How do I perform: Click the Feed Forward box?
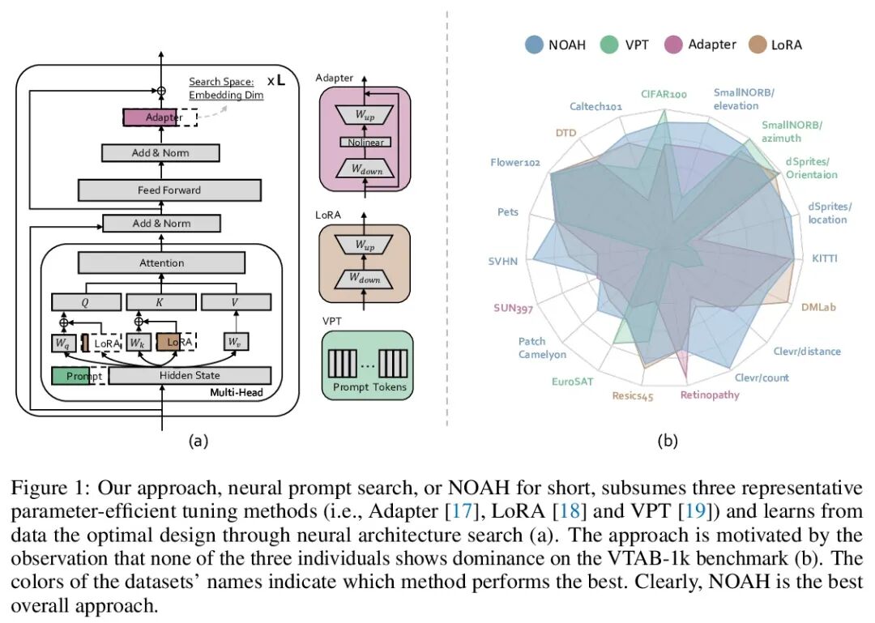[169, 190]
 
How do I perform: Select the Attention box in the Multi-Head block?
[161, 262]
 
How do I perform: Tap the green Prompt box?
[79, 376]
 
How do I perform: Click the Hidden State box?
[190, 375]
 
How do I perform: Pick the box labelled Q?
[86, 302]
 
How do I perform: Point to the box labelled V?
[236, 302]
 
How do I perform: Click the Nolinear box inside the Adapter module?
[365, 142]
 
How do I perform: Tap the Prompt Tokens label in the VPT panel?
[369, 387]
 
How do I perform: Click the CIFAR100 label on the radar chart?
[664, 95]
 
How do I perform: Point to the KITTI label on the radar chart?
[825, 258]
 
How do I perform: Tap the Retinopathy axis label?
[710, 395]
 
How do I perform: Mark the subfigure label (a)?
[198, 441]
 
